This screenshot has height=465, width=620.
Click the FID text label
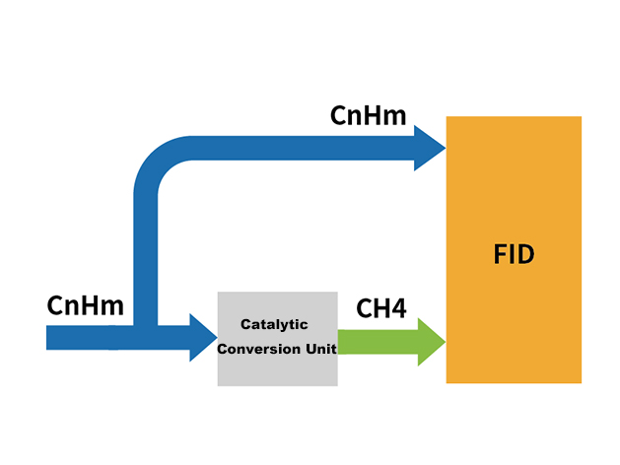tap(514, 255)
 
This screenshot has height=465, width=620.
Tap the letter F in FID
tap(500, 255)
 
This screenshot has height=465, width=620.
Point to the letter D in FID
tap(526, 255)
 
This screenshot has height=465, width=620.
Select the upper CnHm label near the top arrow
tap(369, 116)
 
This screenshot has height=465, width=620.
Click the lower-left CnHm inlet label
tap(85, 306)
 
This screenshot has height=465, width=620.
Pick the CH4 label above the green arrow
tap(380, 308)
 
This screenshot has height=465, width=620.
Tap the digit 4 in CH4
tap(398, 308)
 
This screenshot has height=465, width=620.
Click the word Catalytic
tap(275, 324)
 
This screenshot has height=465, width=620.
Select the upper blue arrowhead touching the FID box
tap(429, 149)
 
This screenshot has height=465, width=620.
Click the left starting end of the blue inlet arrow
tap(51, 338)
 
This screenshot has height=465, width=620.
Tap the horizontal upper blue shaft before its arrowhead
tap(296, 149)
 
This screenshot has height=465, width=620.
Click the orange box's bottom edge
tap(514, 382)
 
